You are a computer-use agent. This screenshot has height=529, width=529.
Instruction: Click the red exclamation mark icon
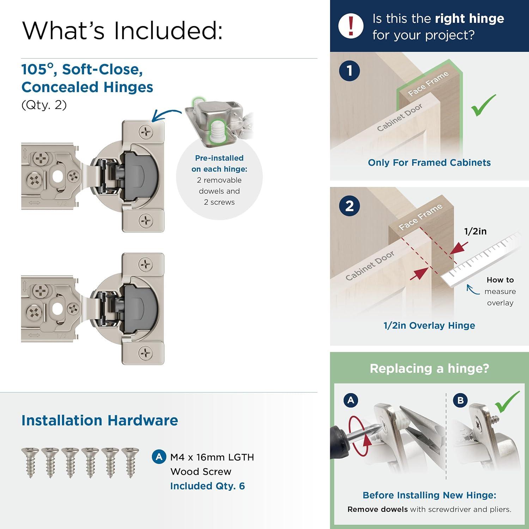(351, 26)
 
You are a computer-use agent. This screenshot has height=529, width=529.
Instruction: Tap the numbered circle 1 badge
(349, 71)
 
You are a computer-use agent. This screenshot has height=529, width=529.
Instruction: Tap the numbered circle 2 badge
(349, 206)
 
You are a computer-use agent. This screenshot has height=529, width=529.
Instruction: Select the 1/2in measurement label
(475, 231)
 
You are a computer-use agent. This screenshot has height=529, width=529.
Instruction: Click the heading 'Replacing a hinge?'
(429, 369)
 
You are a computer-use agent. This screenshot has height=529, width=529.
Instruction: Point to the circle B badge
(460, 400)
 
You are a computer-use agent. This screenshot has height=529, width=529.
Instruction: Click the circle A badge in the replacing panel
(351, 400)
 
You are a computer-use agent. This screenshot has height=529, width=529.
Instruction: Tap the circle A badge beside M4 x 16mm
(159, 457)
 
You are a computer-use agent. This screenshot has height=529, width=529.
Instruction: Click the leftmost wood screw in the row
(30, 462)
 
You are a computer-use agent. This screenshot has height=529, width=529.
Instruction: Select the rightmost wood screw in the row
(130, 462)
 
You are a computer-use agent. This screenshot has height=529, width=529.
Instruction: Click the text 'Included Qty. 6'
(207, 486)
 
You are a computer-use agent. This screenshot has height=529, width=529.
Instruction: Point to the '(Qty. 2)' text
(44, 105)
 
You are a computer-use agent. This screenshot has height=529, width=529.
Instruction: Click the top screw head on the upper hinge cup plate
(145, 133)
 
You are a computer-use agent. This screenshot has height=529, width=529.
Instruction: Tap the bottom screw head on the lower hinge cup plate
(145, 353)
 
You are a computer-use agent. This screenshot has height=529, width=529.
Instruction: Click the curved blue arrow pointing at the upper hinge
(166, 115)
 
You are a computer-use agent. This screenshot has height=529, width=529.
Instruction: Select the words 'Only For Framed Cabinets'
(429, 163)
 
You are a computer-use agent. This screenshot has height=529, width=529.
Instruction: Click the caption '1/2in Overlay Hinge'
(429, 326)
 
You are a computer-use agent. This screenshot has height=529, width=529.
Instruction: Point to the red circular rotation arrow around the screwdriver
(360, 436)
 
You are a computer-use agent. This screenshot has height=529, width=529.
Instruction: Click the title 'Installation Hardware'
(100, 420)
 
